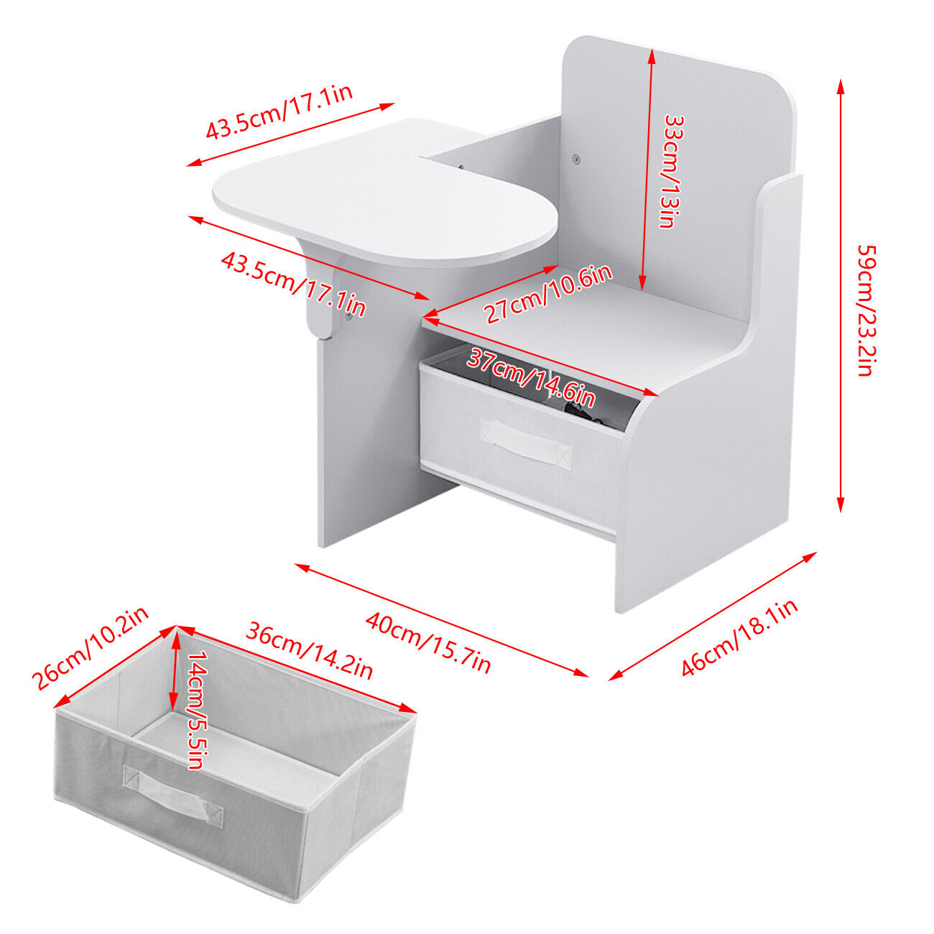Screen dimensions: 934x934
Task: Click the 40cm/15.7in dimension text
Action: (428, 643)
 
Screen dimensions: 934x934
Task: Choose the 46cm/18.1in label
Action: (739, 637)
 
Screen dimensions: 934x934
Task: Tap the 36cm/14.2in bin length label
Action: (309, 651)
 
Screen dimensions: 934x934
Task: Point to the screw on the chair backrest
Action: (576, 158)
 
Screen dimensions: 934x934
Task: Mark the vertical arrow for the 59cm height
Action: (841, 296)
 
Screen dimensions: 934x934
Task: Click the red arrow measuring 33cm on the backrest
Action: (647, 170)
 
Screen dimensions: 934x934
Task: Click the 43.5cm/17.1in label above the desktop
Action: (279, 111)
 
